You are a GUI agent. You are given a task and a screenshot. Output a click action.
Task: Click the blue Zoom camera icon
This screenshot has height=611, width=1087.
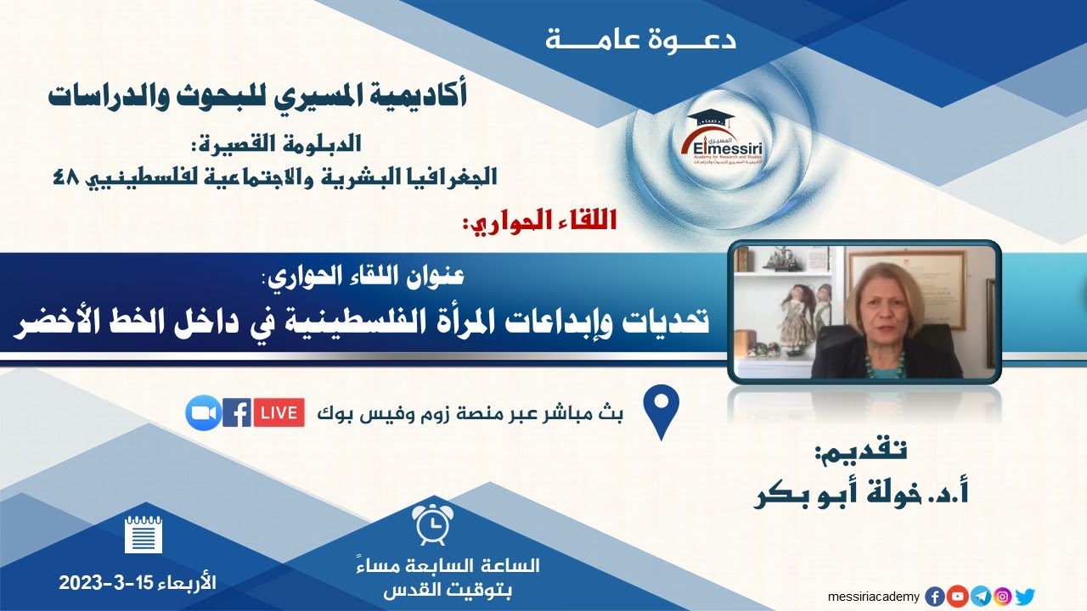203,412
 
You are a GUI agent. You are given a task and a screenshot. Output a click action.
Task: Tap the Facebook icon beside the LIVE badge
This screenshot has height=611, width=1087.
236,412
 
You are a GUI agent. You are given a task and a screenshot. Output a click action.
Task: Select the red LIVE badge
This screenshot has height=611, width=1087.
279,412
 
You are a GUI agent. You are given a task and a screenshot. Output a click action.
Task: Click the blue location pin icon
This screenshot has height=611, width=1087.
662,411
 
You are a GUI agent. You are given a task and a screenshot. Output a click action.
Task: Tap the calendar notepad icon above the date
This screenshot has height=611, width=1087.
143,535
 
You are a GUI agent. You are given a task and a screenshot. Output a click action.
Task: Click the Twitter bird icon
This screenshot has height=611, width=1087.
1025,597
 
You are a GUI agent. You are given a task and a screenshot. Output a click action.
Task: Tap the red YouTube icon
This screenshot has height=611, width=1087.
957,597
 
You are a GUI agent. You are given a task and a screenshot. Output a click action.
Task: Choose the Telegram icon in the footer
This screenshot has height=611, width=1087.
980,597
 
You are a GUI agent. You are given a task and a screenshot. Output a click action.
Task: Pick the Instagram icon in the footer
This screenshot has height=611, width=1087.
1002,597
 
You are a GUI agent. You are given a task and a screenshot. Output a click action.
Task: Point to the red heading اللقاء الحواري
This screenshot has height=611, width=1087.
539,223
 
